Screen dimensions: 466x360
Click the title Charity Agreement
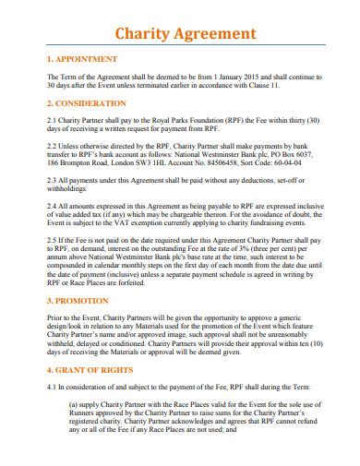[x=186, y=33]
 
